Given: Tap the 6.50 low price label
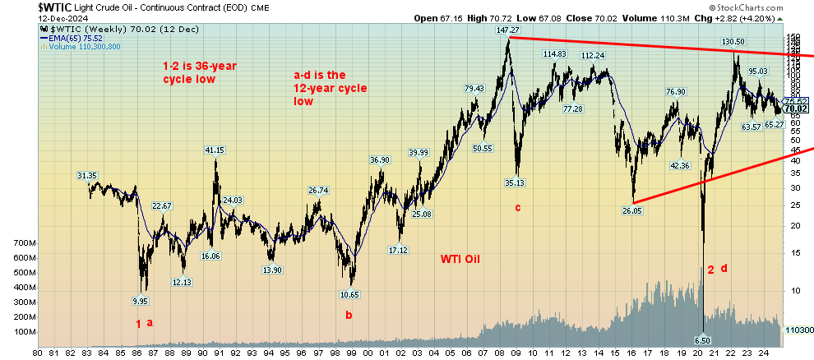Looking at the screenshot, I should coord(701,339).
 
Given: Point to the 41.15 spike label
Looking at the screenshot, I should coord(214,150).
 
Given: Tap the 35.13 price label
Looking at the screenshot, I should coord(515,182).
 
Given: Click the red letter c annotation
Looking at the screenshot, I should coord(518,207).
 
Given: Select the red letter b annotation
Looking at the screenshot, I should coord(349,313).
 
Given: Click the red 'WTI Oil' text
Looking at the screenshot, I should coord(460,259).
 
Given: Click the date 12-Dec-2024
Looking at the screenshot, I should coord(30,18).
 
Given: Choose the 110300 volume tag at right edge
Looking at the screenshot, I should coord(798,330).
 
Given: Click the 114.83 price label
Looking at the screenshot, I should coord(555,54).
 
